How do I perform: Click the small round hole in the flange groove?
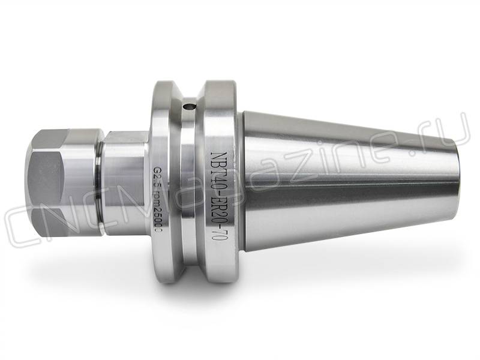pos(188,107)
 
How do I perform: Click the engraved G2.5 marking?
pos(157,179)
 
